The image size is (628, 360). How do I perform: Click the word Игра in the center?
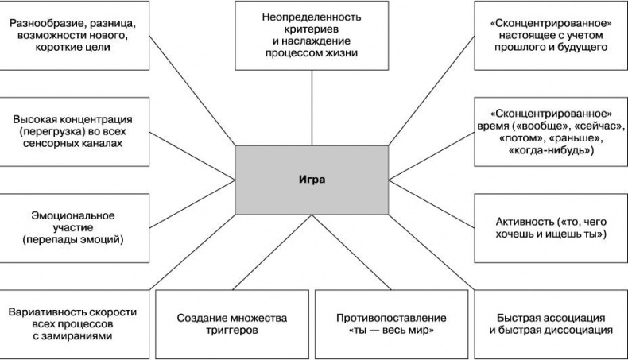tap(312, 180)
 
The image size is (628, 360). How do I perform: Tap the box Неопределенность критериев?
tap(312, 36)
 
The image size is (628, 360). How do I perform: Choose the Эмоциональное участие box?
tap(73, 227)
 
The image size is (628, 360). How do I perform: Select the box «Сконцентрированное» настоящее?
tap(551, 36)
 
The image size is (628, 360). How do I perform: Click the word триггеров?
tap(231, 331)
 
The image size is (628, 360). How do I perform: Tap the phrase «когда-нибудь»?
tap(551, 150)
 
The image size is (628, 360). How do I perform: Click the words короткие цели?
tap(73, 48)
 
